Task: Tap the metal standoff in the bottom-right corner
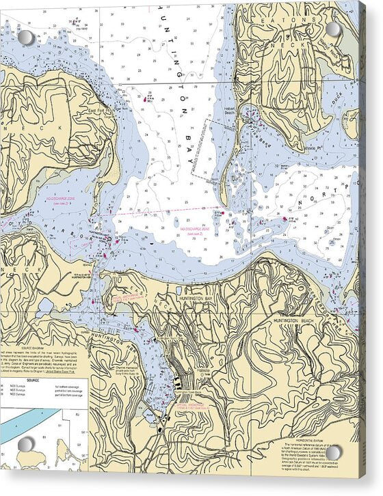pyautogui.click(x=333, y=452)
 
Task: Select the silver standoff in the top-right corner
pyautogui.click(x=333, y=29)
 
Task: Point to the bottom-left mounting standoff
pyautogui.click(x=25, y=445)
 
